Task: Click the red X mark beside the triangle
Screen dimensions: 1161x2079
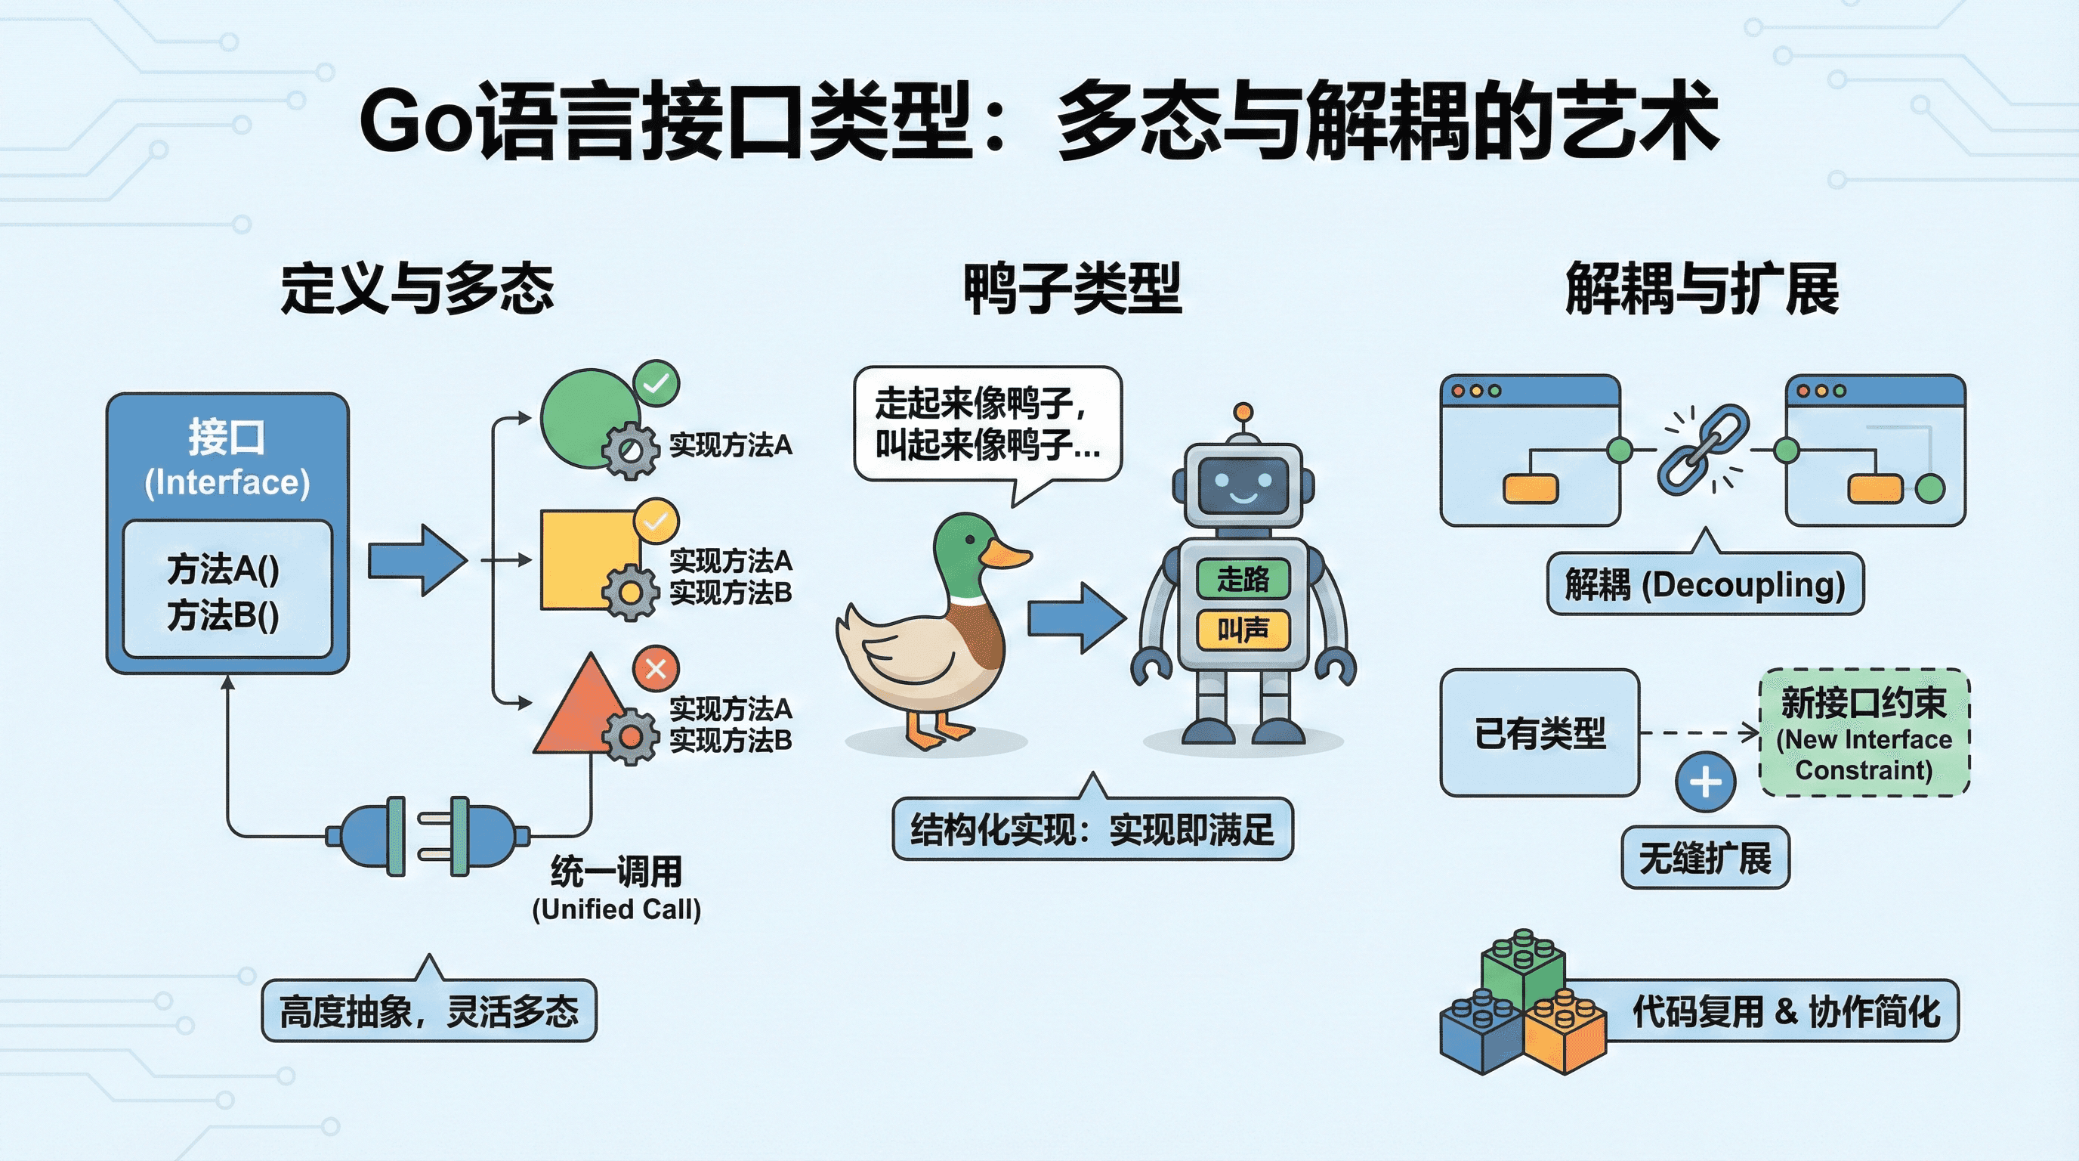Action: click(x=655, y=668)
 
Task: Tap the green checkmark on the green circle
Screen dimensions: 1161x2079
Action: click(x=656, y=382)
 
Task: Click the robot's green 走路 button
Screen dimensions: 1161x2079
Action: click(x=1243, y=578)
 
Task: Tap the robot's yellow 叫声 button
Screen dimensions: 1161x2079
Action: click(x=1243, y=629)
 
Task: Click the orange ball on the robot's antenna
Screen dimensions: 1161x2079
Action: click(x=1243, y=412)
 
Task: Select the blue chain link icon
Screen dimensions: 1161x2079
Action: click(x=1703, y=449)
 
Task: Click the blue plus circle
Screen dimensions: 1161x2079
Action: click(x=1704, y=782)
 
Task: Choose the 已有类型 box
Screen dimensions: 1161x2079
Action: click(x=1539, y=733)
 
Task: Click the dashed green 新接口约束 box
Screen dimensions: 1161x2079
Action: click(x=1864, y=733)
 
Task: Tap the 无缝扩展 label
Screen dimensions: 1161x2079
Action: click(x=1704, y=857)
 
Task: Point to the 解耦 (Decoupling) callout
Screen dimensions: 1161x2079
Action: click(x=1704, y=584)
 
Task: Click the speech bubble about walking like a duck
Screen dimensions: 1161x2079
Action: click(x=987, y=423)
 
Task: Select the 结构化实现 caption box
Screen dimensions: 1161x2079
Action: click(x=1092, y=829)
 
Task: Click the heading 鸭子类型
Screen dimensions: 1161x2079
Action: click(x=1073, y=288)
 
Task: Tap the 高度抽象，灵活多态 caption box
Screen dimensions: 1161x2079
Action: click(x=428, y=1011)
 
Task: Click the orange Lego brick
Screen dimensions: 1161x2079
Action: click(x=1564, y=1033)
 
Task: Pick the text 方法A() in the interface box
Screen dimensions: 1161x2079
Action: click(x=224, y=568)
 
